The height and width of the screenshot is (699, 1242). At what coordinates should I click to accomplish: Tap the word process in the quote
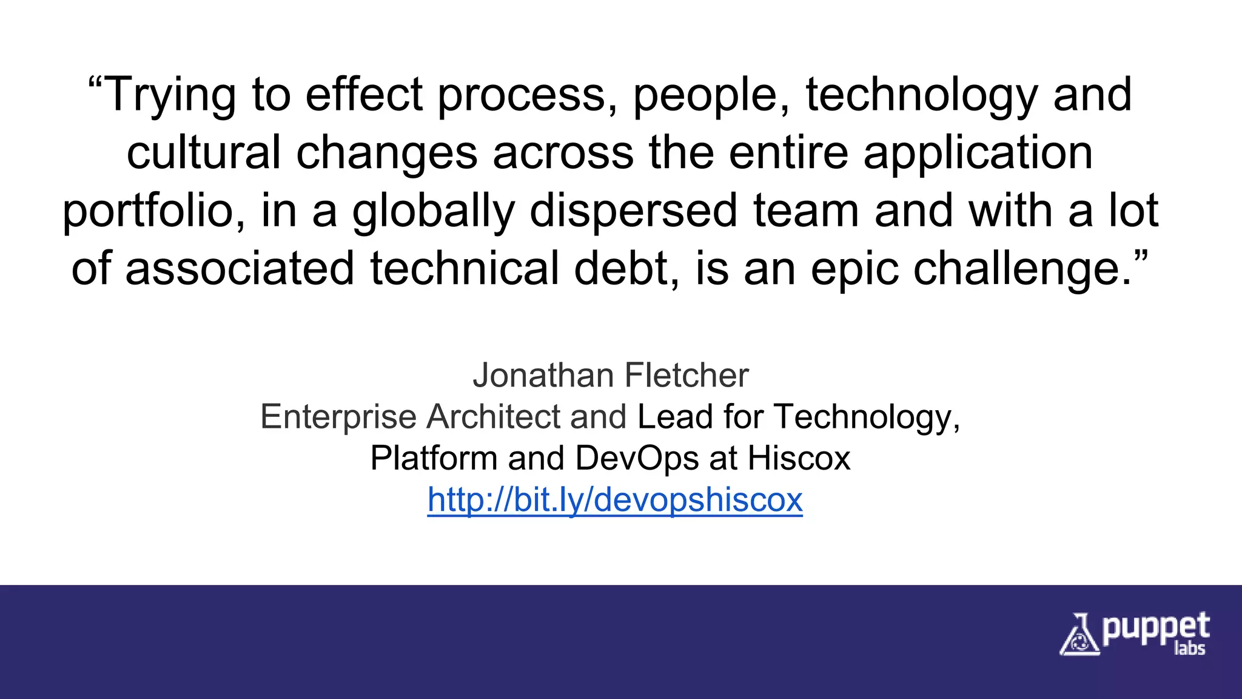(522, 95)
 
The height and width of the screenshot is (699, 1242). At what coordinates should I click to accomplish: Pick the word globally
(433, 211)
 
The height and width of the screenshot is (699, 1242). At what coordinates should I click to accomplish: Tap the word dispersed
(634, 211)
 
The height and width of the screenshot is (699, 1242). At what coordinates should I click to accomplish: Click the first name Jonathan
(543, 376)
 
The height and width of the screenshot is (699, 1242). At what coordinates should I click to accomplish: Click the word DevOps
(636, 458)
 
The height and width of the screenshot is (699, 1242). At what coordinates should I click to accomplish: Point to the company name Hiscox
(799, 458)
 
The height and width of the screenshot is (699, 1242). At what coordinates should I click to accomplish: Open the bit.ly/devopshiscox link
(615, 500)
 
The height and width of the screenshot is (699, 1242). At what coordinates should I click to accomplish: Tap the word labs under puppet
(1189, 649)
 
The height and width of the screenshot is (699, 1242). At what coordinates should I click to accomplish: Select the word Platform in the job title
(434, 458)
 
